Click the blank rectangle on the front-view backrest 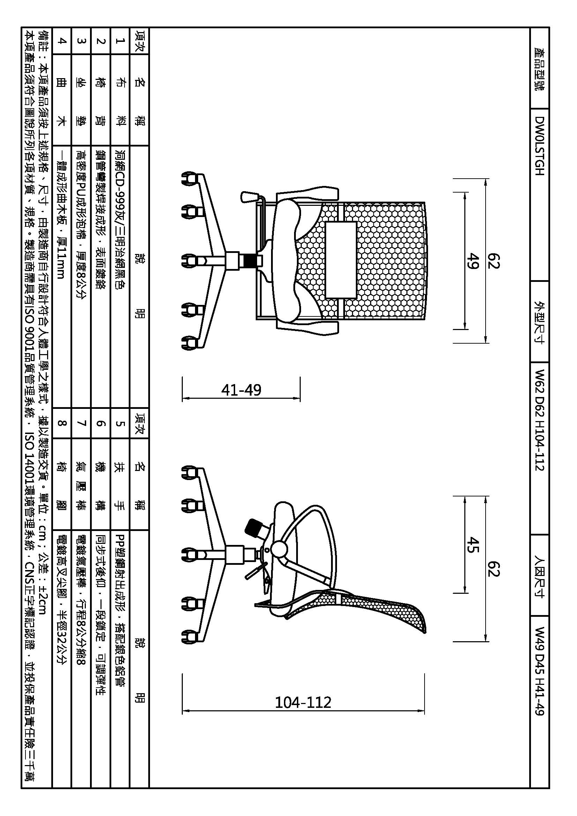[x=341, y=260]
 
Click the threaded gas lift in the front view [x=252, y=261]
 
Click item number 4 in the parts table [x=62, y=41]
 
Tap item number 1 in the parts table [x=120, y=41]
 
